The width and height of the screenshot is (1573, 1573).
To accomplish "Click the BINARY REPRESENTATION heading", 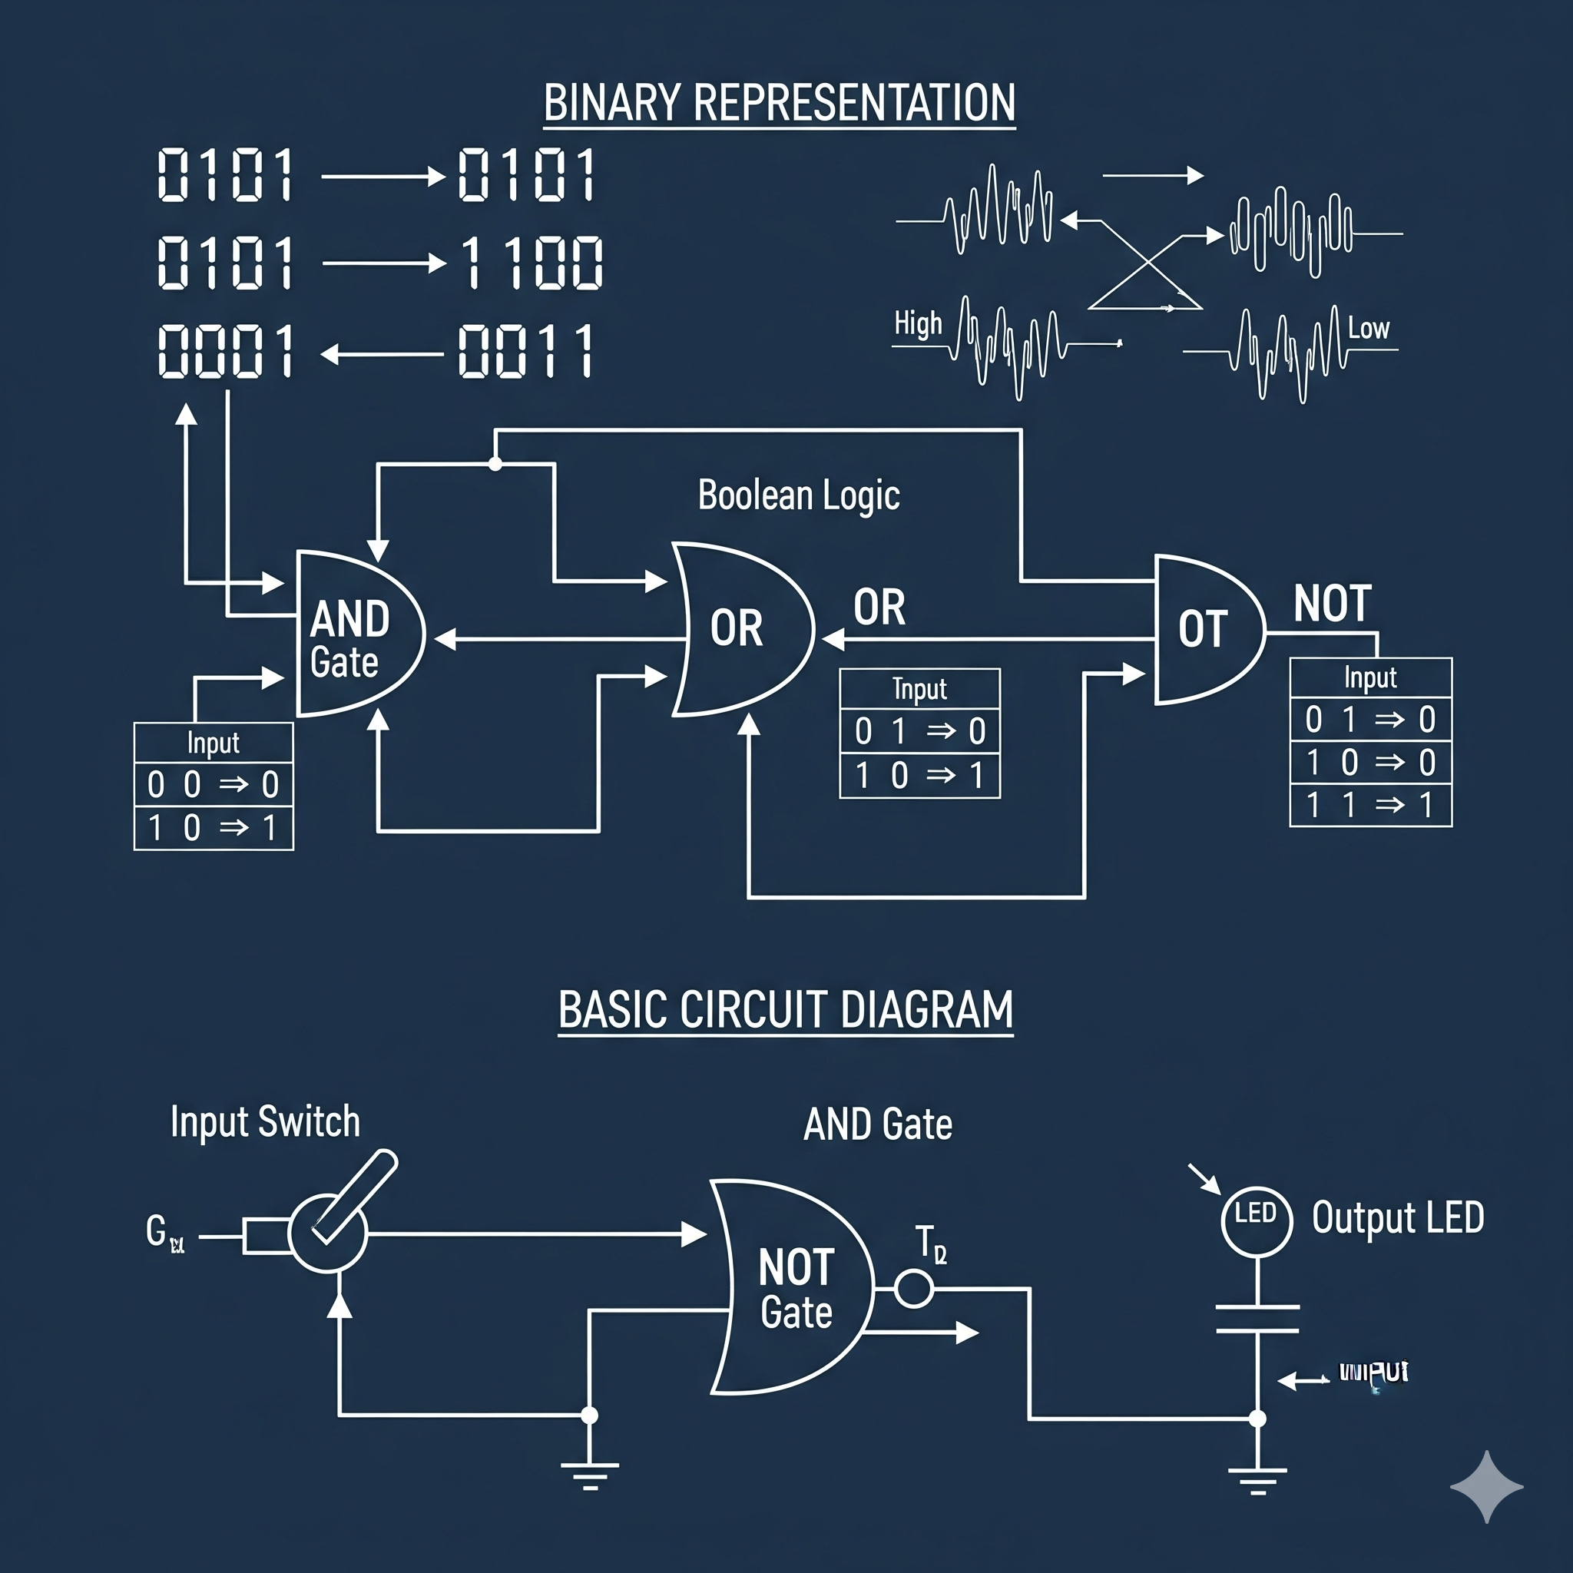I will pyautogui.click(x=779, y=104).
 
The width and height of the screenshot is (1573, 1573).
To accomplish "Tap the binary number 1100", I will pyautogui.click(x=532, y=263).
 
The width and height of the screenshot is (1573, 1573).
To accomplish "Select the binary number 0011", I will pyautogui.click(x=526, y=351).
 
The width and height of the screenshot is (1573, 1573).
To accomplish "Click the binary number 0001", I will pyautogui.click(x=226, y=351).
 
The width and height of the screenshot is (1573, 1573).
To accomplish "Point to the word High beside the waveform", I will pyautogui.click(x=918, y=324).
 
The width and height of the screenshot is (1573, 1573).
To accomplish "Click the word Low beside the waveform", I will pyautogui.click(x=1369, y=328).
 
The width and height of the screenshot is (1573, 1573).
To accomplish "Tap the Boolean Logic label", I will pyautogui.click(x=799, y=495).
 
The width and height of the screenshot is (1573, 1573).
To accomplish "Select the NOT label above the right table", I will pyautogui.click(x=1333, y=604).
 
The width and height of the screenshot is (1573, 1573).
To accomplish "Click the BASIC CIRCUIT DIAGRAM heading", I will pyautogui.click(x=786, y=1011).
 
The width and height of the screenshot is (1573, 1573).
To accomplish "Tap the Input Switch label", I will pyautogui.click(x=266, y=1122).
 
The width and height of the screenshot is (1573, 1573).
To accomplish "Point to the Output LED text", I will pyautogui.click(x=1398, y=1218).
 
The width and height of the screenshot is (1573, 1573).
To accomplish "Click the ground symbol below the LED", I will pyautogui.click(x=1257, y=1475).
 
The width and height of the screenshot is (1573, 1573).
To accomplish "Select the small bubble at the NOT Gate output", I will pyautogui.click(x=913, y=1289).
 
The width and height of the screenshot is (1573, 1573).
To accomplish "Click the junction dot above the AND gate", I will pyautogui.click(x=495, y=464).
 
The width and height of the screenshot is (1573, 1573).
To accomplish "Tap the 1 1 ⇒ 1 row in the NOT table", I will pyautogui.click(x=1370, y=805).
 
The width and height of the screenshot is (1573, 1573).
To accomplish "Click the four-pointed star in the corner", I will pyautogui.click(x=1487, y=1487).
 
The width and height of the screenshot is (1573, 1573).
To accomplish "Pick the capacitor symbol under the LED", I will pyautogui.click(x=1257, y=1319).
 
